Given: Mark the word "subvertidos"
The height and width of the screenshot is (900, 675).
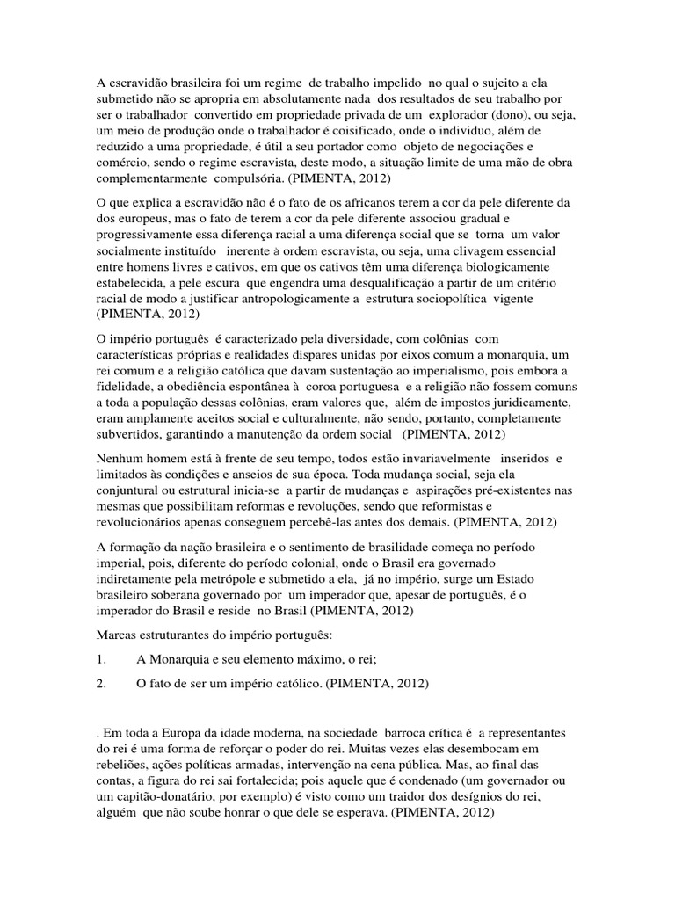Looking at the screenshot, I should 131,434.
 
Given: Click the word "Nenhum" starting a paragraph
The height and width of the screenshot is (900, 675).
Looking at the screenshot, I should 120,459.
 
